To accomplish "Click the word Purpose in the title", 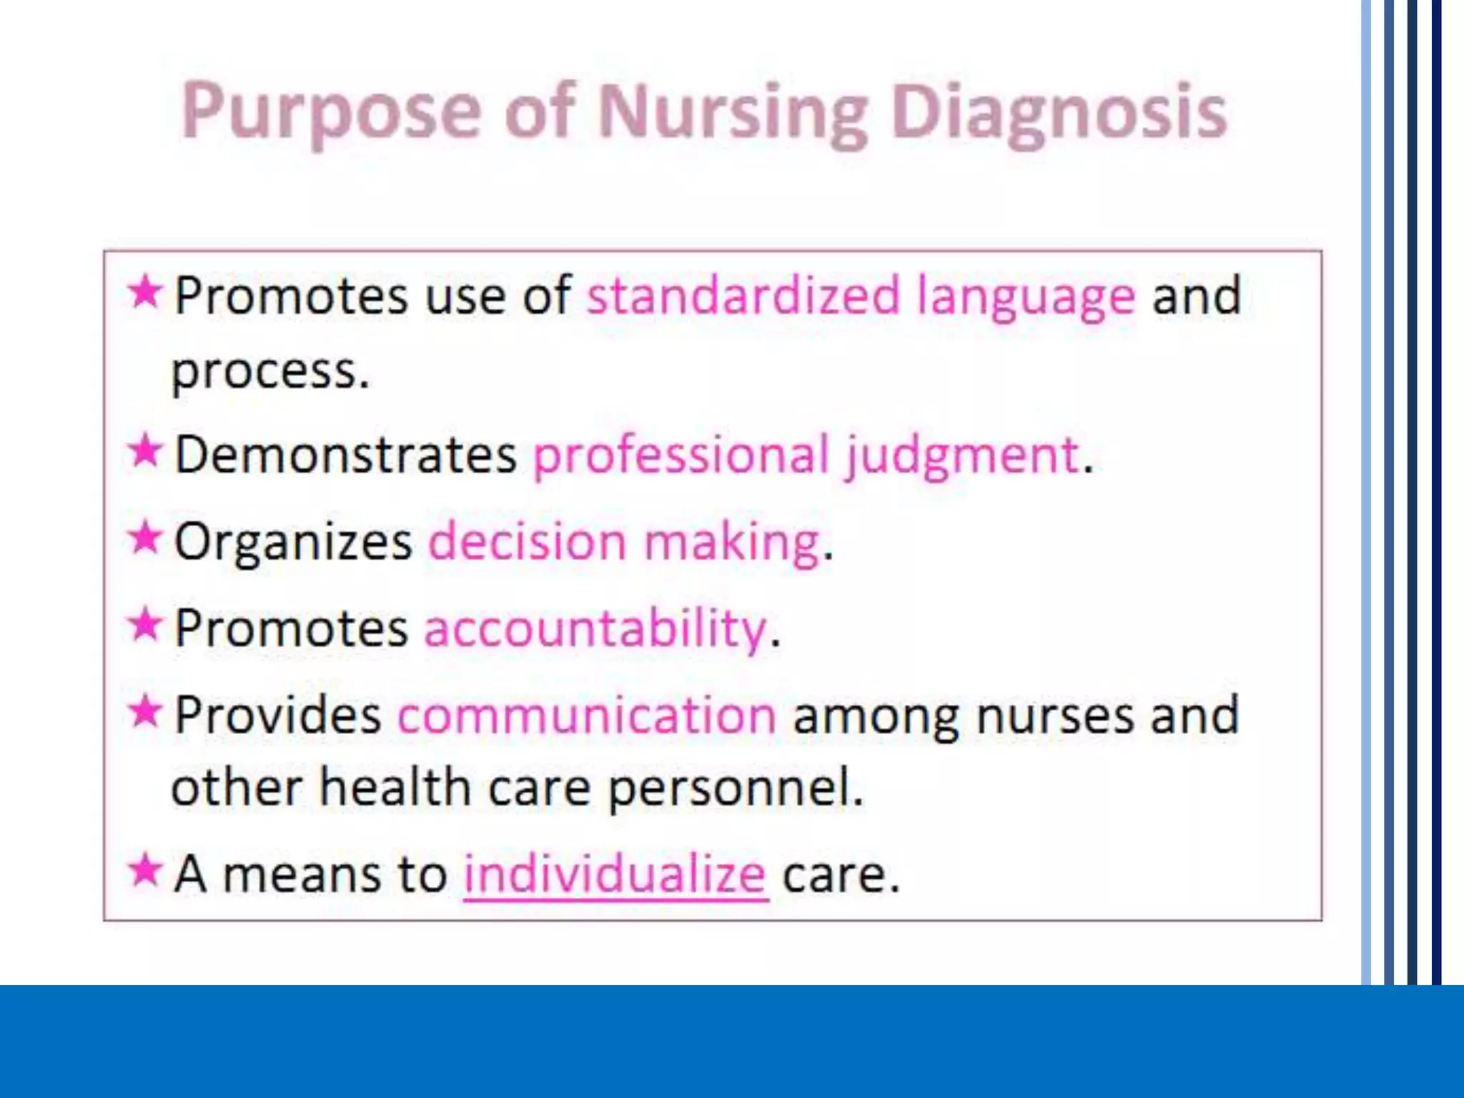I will tap(331, 113).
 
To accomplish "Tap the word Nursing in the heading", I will tap(732, 113).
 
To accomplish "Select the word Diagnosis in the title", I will tap(1059, 113).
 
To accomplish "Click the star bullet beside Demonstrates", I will tap(145, 451).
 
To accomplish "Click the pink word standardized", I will tap(743, 295).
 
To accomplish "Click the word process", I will tap(270, 372).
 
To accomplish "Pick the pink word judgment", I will tap(962, 455).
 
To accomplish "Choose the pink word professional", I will tap(681, 455).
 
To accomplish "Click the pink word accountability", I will tap(595, 628).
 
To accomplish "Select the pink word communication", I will tap(587, 715).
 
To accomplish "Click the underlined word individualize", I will tap(615, 874).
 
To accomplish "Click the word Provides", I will tap(277, 715).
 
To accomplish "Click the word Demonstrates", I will tap(345, 455).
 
